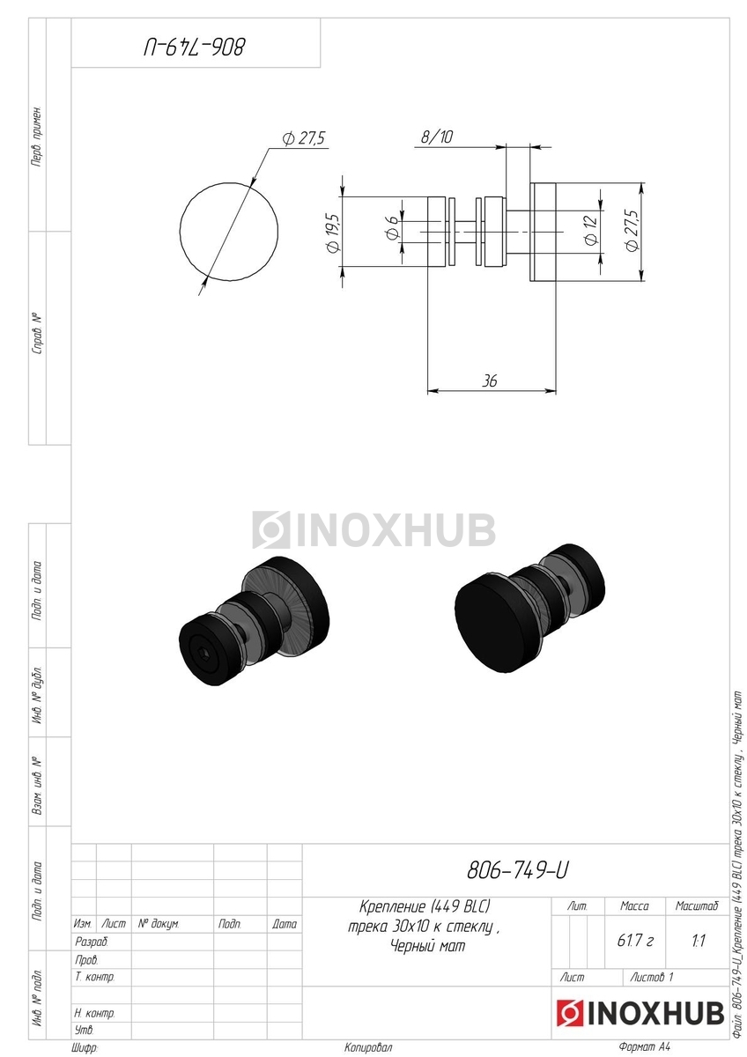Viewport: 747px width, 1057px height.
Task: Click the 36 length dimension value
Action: click(490, 381)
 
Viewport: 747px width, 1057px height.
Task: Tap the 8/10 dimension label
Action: click(436, 137)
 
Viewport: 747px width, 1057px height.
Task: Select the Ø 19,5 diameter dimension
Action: click(332, 233)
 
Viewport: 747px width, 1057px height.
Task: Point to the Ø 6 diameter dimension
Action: click(391, 228)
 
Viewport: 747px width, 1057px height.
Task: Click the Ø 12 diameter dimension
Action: click(590, 230)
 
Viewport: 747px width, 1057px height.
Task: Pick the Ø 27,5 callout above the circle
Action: click(305, 139)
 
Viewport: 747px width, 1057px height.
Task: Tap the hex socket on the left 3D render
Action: click(203, 654)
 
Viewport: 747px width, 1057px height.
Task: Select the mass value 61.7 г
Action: click(635, 941)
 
